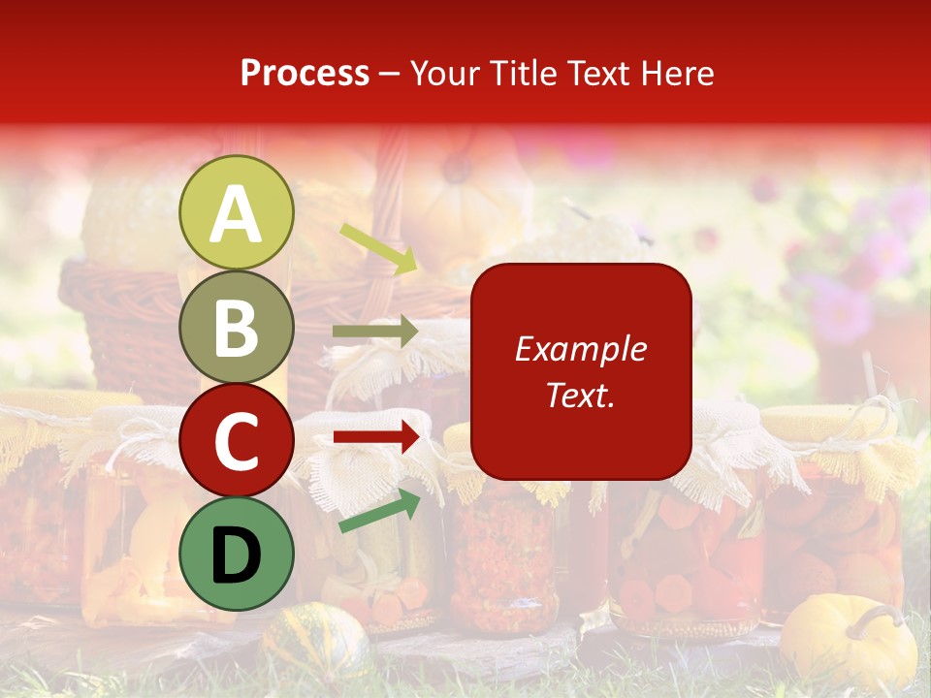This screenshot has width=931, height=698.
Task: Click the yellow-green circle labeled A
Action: (x=236, y=212)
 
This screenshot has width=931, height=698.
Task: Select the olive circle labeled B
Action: (x=236, y=327)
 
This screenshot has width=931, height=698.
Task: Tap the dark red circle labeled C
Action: (x=236, y=441)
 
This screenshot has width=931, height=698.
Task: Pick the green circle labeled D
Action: (x=236, y=555)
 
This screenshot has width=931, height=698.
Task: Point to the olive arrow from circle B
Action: (x=374, y=332)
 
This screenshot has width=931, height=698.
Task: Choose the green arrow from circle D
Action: (x=379, y=510)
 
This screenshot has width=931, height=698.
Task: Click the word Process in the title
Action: (x=305, y=74)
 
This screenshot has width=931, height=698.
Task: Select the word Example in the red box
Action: (x=581, y=349)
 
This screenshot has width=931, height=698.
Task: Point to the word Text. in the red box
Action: (x=581, y=395)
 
